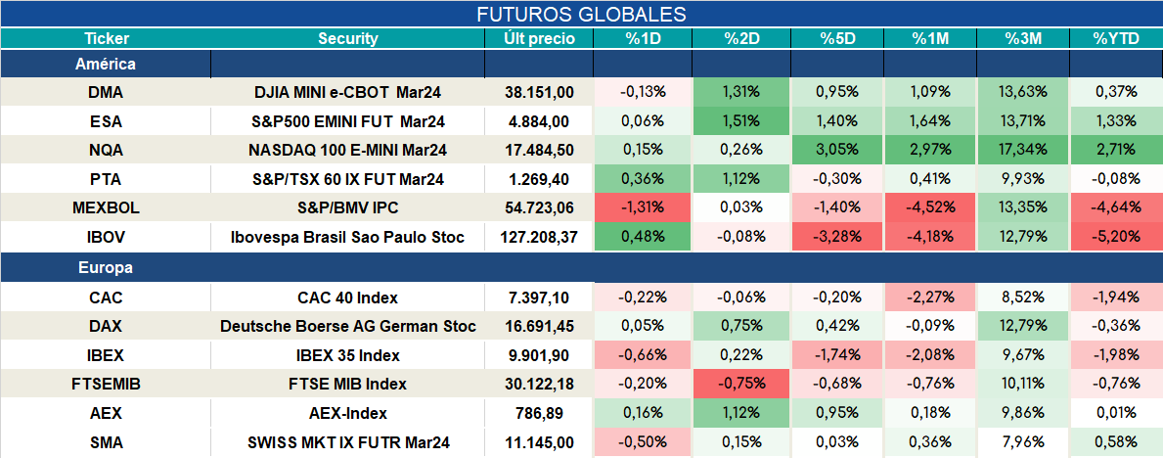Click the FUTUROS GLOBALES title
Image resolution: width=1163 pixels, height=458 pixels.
pyautogui.click(x=581, y=14)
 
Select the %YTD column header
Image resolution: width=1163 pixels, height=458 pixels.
pyautogui.click(x=1115, y=39)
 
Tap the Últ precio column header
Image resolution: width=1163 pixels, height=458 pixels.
pyautogui.click(x=539, y=39)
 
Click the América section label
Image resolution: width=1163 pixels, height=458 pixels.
pyautogui.click(x=106, y=64)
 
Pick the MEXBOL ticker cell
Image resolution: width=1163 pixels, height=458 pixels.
pyautogui.click(x=106, y=208)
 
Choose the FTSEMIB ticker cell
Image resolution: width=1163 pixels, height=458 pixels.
pyautogui.click(x=106, y=384)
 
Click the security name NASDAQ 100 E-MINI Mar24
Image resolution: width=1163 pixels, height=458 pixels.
pyautogui.click(x=348, y=150)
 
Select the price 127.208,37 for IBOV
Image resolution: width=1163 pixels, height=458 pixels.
pyautogui.click(x=539, y=238)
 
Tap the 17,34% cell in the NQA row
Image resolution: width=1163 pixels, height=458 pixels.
pyautogui.click(x=1023, y=150)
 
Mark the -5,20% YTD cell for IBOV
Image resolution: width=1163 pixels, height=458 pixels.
pyautogui.click(x=1115, y=238)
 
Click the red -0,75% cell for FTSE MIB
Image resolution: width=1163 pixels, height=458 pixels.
pyautogui.click(x=742, y=384)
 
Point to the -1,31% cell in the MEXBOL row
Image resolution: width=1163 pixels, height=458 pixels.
pyautogui.click(x=643, y=208)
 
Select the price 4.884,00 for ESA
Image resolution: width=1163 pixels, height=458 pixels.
pyautogui.click(x=539, y=121)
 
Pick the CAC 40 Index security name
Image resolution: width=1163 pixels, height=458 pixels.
pyautogui.click(x=348, y=298)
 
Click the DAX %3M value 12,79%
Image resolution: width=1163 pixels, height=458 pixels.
pyautogui.click(x=1023, y=326)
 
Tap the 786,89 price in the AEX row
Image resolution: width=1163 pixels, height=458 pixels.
pyautogui.click(x=539, y=413)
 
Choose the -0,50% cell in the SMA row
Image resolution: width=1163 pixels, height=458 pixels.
pyautogui.click(x=643, y=443)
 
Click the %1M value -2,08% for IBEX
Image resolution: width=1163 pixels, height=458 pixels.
pyautogui.click(x=930, y=355)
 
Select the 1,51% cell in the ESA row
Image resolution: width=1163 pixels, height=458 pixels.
pyautogui.click(x=742, y=121)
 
